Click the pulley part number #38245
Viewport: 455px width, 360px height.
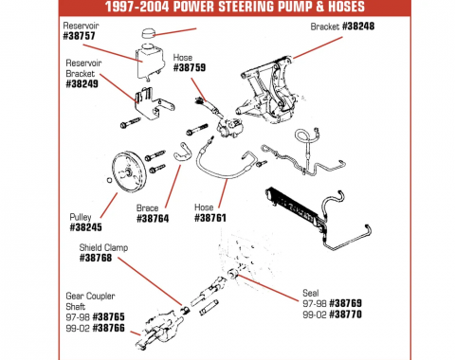click(x=88, y=227)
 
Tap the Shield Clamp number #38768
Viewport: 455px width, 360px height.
click(x=99, y=258)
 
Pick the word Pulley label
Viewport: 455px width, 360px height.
click(x=82, y=216)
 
